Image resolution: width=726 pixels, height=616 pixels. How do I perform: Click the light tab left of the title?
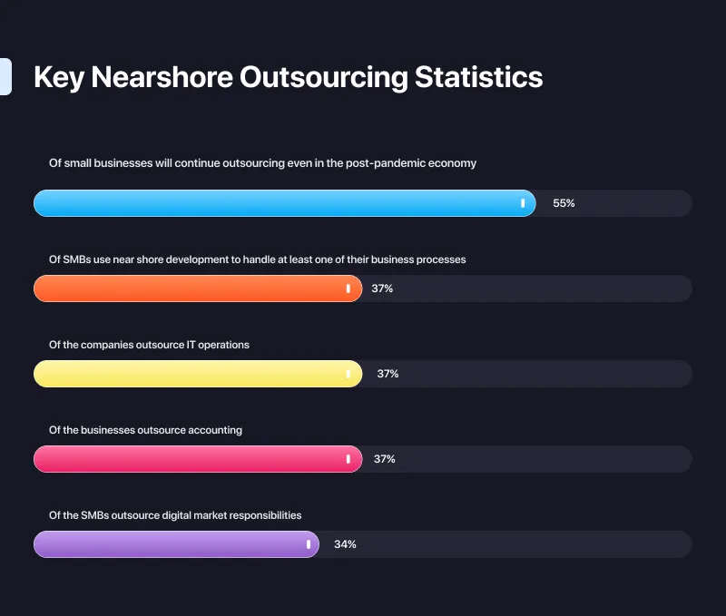(x=5, y=76)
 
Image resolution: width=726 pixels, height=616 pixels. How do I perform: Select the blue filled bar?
(x=272, y=203)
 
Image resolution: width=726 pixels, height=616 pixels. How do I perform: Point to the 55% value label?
(x=564, y=203)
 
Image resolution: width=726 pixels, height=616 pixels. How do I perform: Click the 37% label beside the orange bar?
(x=382, y=288)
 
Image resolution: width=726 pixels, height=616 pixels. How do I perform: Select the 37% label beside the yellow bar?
(x=388, y=374)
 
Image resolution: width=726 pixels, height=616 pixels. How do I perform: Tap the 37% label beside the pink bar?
(x=385, y=459)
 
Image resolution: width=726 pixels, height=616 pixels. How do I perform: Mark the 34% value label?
(x=345, y=544)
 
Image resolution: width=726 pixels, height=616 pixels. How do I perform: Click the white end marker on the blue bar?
(x=523, y=203)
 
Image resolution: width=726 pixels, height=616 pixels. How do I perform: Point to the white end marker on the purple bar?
(x=309, y=544)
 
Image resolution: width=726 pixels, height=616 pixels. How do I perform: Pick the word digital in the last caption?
(x=180, y=515)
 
